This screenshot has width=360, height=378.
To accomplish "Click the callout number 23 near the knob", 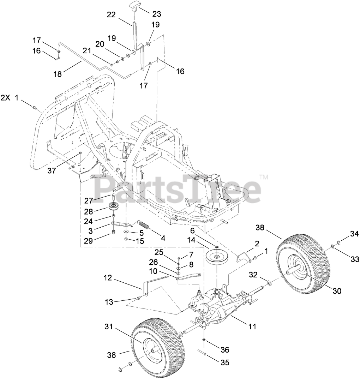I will pyautogui.click(x=157, y=14).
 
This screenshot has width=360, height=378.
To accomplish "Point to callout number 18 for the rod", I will pyautogui.click(x=57, y=74).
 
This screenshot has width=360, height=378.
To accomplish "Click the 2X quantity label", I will pyautogui.click(x=6, y=98).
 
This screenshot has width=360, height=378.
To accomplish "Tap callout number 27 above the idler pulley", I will pyautogui.click(x=89, y=200).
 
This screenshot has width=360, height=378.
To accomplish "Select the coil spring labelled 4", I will pyautogui.click(x=143, y=224).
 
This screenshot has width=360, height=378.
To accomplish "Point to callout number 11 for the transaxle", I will pyautogui.click(x=252, y=327).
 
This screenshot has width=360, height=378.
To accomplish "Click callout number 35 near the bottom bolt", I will pyautogui.click(x=224, y=362).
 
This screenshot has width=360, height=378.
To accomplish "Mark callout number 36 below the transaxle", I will pyautogui.click(x=224, y=350).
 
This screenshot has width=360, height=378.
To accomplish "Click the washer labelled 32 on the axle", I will pyautogui.click(x=269, y=282).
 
